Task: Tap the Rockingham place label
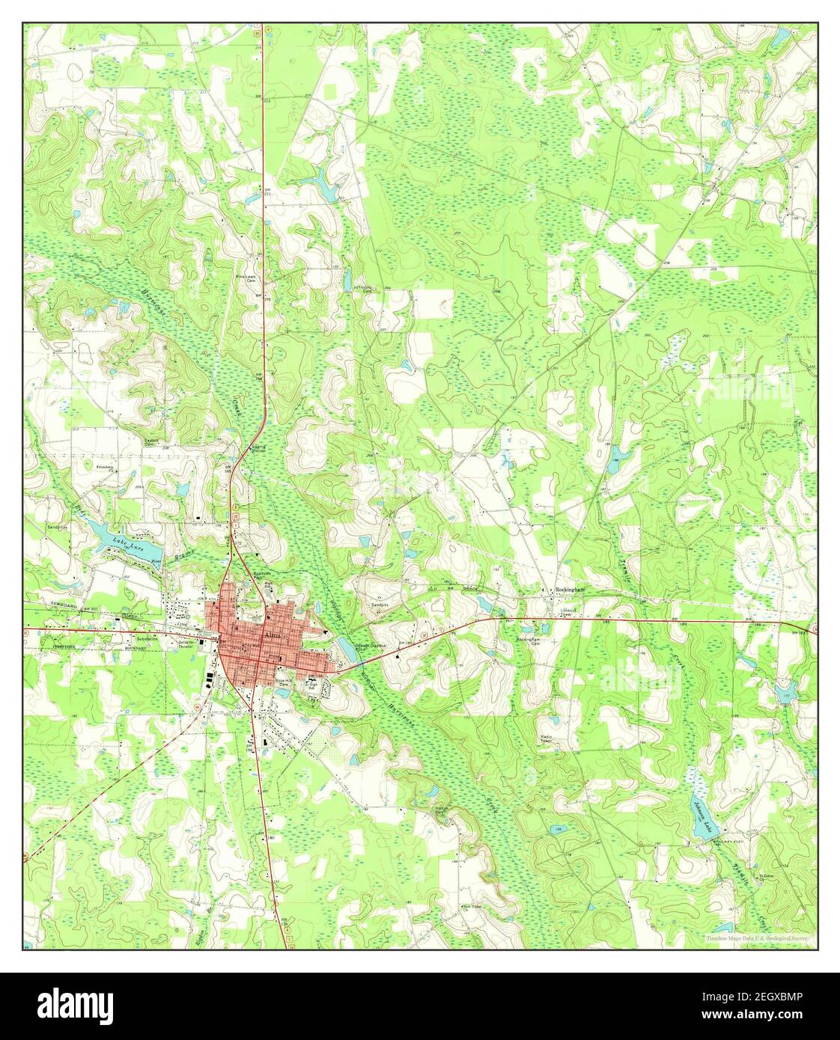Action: pos(571,590)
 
